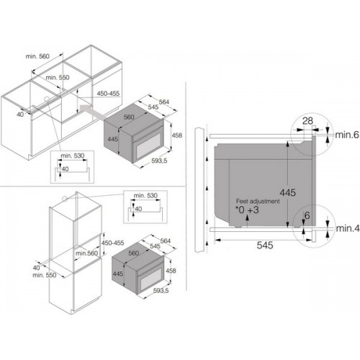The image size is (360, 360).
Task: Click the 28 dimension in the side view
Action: coord(307,121)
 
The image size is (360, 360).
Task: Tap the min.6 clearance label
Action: coord(347,135)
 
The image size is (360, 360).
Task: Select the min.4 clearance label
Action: coord(348,228)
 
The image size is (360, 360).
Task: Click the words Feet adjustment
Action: coord(258,201)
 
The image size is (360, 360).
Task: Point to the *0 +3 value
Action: coord(247,210)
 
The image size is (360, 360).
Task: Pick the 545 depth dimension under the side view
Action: coord(265,246)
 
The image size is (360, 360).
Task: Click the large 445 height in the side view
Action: coord(288,192)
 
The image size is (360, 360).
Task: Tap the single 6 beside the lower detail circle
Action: coord(307,215)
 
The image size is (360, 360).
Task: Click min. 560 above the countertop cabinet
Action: coord(37,56)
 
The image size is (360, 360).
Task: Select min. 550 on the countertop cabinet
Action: coord(58,77)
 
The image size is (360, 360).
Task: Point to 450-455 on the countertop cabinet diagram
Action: coord(108,94)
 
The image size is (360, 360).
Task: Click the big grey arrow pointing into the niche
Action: coord(93,112)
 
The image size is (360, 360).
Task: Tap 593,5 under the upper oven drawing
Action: coord(159,161)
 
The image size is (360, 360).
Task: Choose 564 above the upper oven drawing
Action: coord(164,102)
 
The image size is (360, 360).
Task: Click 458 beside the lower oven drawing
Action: coord(171,271)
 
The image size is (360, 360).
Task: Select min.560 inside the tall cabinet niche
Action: coord(86,253)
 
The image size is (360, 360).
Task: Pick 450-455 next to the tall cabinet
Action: coord(112,243)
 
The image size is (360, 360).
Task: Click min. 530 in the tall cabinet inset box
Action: coord(145,195)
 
